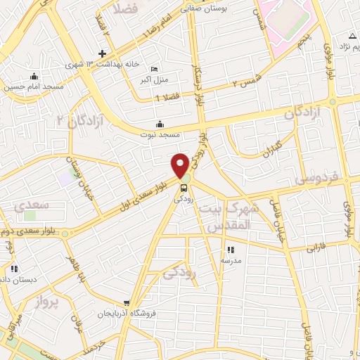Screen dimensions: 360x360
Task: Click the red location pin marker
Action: tap(181, 165)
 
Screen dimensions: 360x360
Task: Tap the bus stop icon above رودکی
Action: tap(184, 188)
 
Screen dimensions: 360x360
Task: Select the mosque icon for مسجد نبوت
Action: tap(160, 124)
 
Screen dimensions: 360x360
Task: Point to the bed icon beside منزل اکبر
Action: tap(154, 70)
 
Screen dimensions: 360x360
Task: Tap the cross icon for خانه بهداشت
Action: tap(103, 54)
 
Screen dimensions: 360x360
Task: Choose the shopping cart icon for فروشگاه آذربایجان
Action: tap(126, 303)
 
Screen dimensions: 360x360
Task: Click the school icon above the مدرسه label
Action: tap(230, 250)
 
